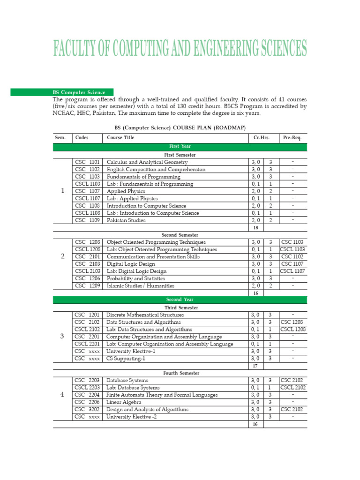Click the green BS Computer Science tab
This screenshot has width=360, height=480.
pos(83,92)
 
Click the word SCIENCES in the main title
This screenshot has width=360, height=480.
pos(276,49)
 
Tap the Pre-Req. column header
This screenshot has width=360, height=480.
pos(293,137)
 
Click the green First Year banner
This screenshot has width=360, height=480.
pos(180,147)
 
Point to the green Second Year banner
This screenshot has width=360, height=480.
pos(180,300)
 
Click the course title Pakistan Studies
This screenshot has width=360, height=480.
pos(126,220)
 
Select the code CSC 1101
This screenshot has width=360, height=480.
pos(87,162)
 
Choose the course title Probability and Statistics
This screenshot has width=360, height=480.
pos(136,278)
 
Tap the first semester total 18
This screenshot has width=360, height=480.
pos(255,227)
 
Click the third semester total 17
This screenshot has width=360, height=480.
pos(255,366)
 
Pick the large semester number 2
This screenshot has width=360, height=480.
pos(63,256)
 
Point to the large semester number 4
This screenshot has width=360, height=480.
pos(63,395)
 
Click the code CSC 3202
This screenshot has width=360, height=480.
pos(87,409)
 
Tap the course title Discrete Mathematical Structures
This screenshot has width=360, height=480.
pos(145,315)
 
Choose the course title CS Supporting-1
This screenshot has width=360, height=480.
pos(126,359)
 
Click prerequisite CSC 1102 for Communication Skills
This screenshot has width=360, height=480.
pos(293,257)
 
